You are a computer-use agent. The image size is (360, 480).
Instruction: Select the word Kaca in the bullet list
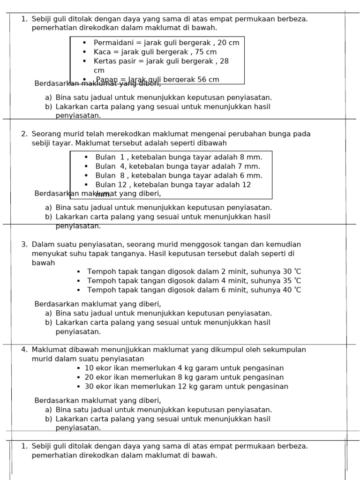[102, 52]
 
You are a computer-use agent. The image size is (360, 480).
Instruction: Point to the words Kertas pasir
[114, 61]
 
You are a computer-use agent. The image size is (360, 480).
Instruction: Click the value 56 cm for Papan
[209, 80]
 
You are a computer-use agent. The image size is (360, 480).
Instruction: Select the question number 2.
[24, 134]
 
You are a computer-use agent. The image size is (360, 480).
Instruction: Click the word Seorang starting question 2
[46, 134]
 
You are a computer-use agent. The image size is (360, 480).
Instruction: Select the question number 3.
[24, 244]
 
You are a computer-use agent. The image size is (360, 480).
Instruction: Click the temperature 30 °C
[292, 271]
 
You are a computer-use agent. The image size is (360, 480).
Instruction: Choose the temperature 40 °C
[292, 290]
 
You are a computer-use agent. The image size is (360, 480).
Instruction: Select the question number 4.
[24, 350]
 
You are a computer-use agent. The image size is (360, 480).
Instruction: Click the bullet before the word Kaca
[84, 52]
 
